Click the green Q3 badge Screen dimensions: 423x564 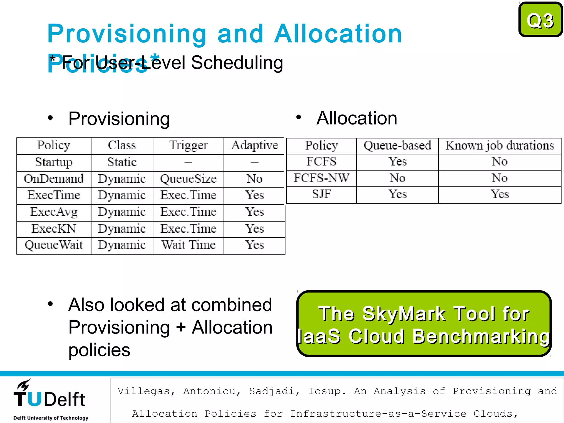540,20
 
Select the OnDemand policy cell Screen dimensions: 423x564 54,179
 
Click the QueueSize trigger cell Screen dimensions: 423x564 188,179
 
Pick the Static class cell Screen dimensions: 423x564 122,162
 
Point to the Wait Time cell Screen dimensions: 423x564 188,245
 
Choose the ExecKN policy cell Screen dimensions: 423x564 54,229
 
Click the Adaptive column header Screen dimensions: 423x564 254,145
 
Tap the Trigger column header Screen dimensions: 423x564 188,145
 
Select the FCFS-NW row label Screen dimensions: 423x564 321,178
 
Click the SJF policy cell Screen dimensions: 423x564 321,194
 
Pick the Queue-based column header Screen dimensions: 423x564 397,145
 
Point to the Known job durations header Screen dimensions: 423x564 499,145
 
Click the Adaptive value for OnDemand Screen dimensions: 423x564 254,179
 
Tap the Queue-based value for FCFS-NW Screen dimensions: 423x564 397,178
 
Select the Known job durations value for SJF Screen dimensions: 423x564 499,194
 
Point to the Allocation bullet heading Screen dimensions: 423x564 357,118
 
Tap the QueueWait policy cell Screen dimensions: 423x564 54,245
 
